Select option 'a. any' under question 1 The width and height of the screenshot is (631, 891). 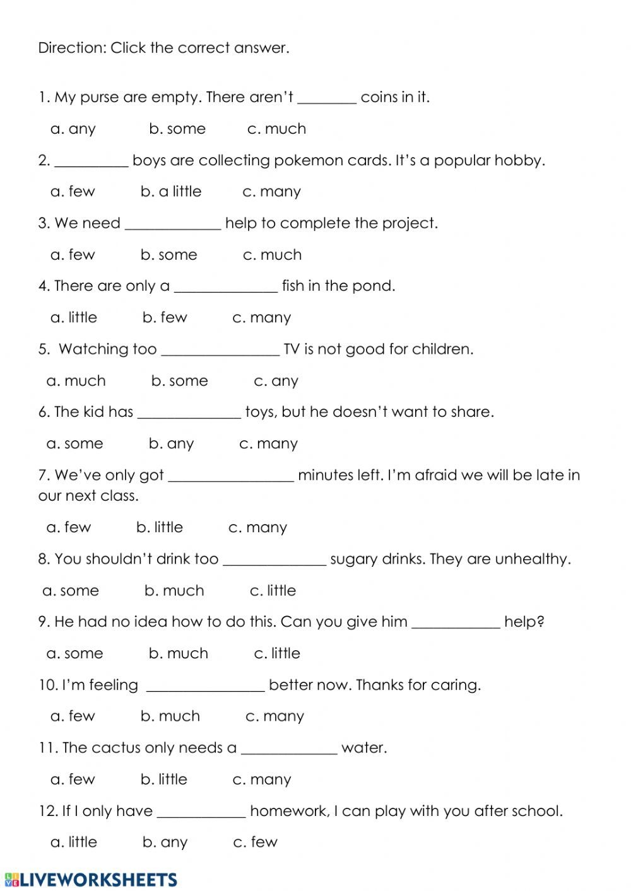(x=73, y=129)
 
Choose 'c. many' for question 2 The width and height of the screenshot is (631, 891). (x=271, y=192)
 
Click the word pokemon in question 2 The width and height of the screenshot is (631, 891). (x=310, y=161)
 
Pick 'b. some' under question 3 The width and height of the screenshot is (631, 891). (x=168, y=255)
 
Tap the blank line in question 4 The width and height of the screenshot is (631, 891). (x=225, y=290)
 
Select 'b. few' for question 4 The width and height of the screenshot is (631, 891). (x=165, y=318)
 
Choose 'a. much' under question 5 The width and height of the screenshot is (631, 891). (x=76, y=381)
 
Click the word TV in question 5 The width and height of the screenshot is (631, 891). (x=292, y=349)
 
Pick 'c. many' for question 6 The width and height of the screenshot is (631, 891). (x=268, y=444)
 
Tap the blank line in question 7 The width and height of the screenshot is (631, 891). (x=231, y=479)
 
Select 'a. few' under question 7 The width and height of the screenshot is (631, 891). (x=69, y=527)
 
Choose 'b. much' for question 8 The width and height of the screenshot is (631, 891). (x=174, y=591)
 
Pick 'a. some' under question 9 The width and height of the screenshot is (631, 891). (x=74, y=654)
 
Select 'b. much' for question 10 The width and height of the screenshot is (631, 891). (x=170, y=716)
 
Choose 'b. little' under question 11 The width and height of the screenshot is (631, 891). (x=163, y=779)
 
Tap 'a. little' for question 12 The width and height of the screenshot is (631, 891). (x=74, y=842)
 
